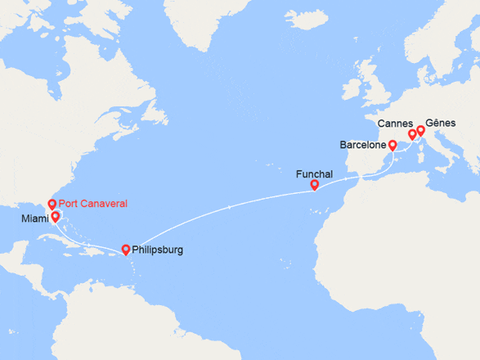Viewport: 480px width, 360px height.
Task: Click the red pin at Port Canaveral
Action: (52, 204)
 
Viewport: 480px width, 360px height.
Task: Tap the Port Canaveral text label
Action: (92, 204)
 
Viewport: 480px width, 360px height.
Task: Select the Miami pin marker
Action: (56, 217)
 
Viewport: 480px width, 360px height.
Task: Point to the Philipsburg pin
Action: (125, 249)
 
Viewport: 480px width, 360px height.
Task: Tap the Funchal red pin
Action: (315, 185)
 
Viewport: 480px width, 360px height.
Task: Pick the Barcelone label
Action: (363, 146)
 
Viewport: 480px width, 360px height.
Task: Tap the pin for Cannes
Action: (411, 134)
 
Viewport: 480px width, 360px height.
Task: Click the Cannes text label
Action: (395, 123)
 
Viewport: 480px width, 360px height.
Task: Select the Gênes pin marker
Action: (421, 129)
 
